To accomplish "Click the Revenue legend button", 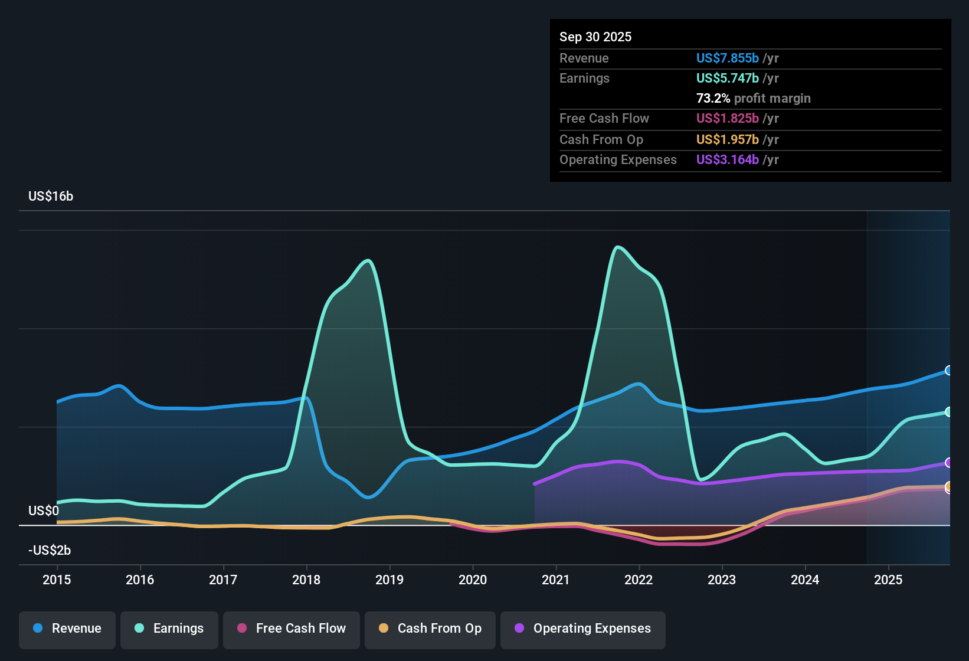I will click(x=67, y=629).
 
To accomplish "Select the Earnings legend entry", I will click(x=169, y=629).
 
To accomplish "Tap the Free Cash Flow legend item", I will click(x=292, y=629).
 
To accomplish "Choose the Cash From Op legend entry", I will click(x=430, y=629).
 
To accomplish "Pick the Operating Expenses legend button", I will click(x=583, y=629).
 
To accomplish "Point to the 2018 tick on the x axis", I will click(x=306, y=580).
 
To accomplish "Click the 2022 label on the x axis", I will click(x=639, y=580).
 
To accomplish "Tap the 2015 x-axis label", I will click(x=57, y=580).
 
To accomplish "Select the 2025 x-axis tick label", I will click(x=888, y=580).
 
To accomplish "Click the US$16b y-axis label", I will click(x=51, y=197).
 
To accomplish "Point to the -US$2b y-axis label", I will click(x=50, y=551).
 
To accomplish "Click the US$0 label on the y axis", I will click(x=44, y=511).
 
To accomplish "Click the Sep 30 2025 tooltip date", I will click(x=595, y=37).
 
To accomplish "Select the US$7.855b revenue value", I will click(x=727, y=58).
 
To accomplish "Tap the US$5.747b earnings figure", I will click(x=727, y=78).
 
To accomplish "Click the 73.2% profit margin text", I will click(x=753, y=99).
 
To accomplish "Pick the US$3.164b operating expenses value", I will click(x=727, y=160).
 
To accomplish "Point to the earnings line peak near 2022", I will click(x=617, y=247).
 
